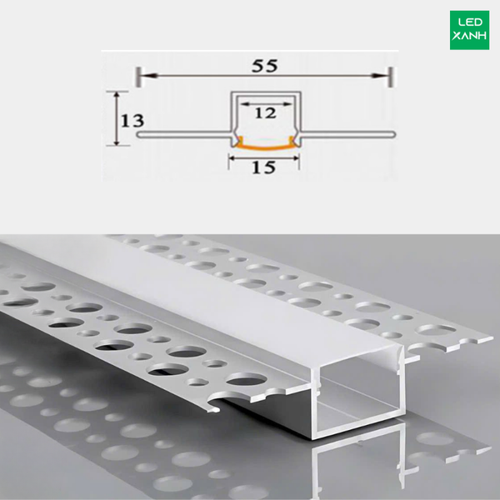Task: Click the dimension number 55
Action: point(265,66)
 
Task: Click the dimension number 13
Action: point(132,121)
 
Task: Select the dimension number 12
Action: point(265,112)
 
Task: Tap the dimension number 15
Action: point(263,167)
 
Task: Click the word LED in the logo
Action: point(470,22)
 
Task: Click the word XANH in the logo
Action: point(469,35)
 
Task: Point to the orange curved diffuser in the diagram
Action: point(265,146)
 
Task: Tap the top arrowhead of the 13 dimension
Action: point(117,96)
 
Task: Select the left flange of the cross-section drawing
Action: point(184,134)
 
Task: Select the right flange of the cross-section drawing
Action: point(347,134)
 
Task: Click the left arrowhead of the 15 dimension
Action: point(232,157)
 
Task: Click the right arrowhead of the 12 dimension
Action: point(288,103)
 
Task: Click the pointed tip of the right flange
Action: point(491,338)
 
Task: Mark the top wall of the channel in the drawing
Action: point(266,93)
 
